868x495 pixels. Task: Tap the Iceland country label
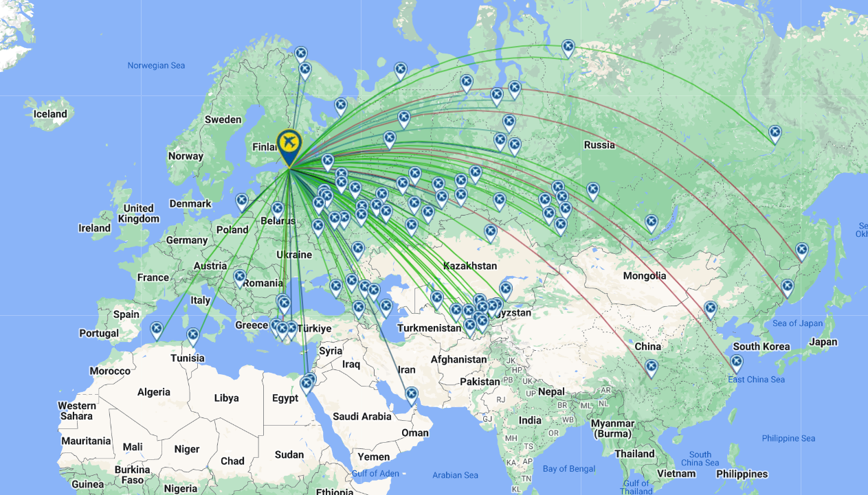50,114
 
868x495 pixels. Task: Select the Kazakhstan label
470,266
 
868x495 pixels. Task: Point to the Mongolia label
644,275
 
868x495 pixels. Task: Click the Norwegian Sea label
157,66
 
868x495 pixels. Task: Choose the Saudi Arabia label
361,416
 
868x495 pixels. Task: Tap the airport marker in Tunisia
193,336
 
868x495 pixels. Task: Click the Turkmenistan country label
430,328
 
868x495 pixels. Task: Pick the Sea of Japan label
797,323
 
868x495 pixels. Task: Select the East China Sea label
756,380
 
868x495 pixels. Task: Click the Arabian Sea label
455,475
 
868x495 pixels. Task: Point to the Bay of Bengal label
568,469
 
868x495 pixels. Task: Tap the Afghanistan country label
458,359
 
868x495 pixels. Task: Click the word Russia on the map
599,145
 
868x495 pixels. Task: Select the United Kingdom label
138,214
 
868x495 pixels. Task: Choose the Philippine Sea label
788,438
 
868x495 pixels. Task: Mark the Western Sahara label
76,411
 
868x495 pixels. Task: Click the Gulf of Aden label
375,474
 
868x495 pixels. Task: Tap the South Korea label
761,346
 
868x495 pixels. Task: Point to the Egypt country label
285,398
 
